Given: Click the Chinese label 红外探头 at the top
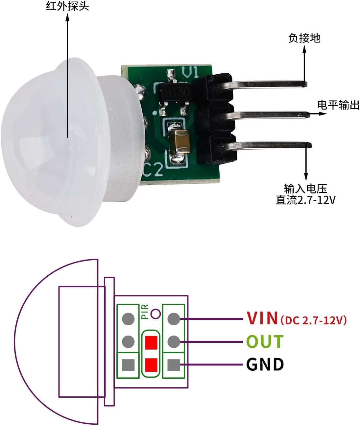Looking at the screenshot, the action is [67, 6].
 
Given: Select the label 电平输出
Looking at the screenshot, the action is [338, 105].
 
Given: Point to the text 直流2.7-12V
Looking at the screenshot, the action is [306, 200].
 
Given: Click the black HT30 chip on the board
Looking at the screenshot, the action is [175, 92].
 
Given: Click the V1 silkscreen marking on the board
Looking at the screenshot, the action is [190, 72].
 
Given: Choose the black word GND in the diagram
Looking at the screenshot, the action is [265, 370].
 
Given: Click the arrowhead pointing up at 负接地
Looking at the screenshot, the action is [304, 49].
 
